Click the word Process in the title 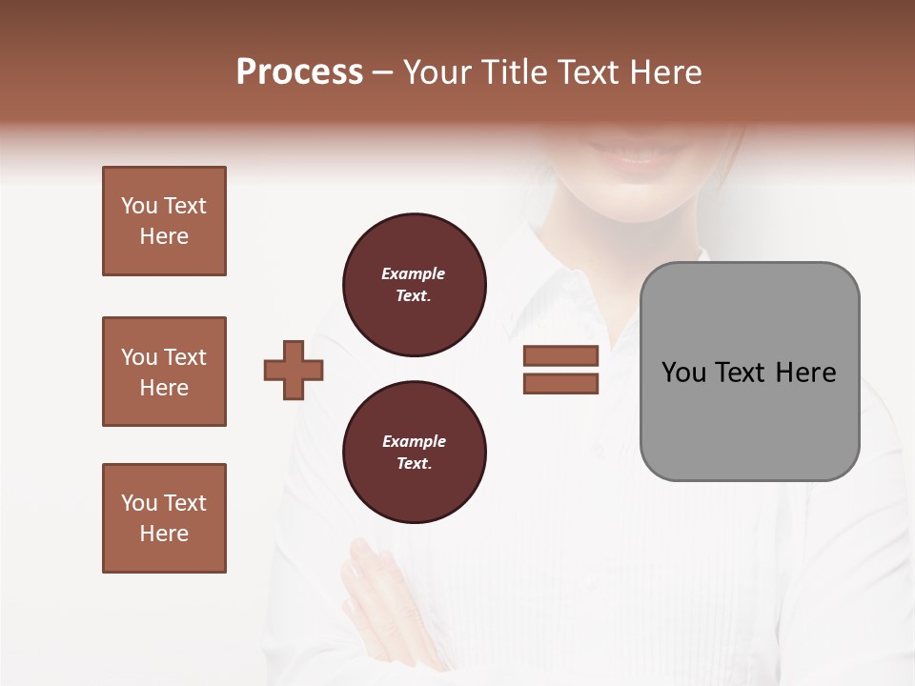(299, 72)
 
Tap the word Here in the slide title (663, 72)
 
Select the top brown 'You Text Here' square (164, 221)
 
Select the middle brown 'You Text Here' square (164, 372)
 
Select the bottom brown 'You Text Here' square (164, 518)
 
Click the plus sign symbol (294, 370)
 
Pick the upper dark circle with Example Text (415, 285)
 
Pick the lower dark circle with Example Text (415, 453)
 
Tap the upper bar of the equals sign (560, 355)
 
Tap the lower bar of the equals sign (560, 384)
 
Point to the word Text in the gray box (743, 373)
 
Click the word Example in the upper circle (413, 273)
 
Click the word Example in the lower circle (414, 441)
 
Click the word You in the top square (139, 206)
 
